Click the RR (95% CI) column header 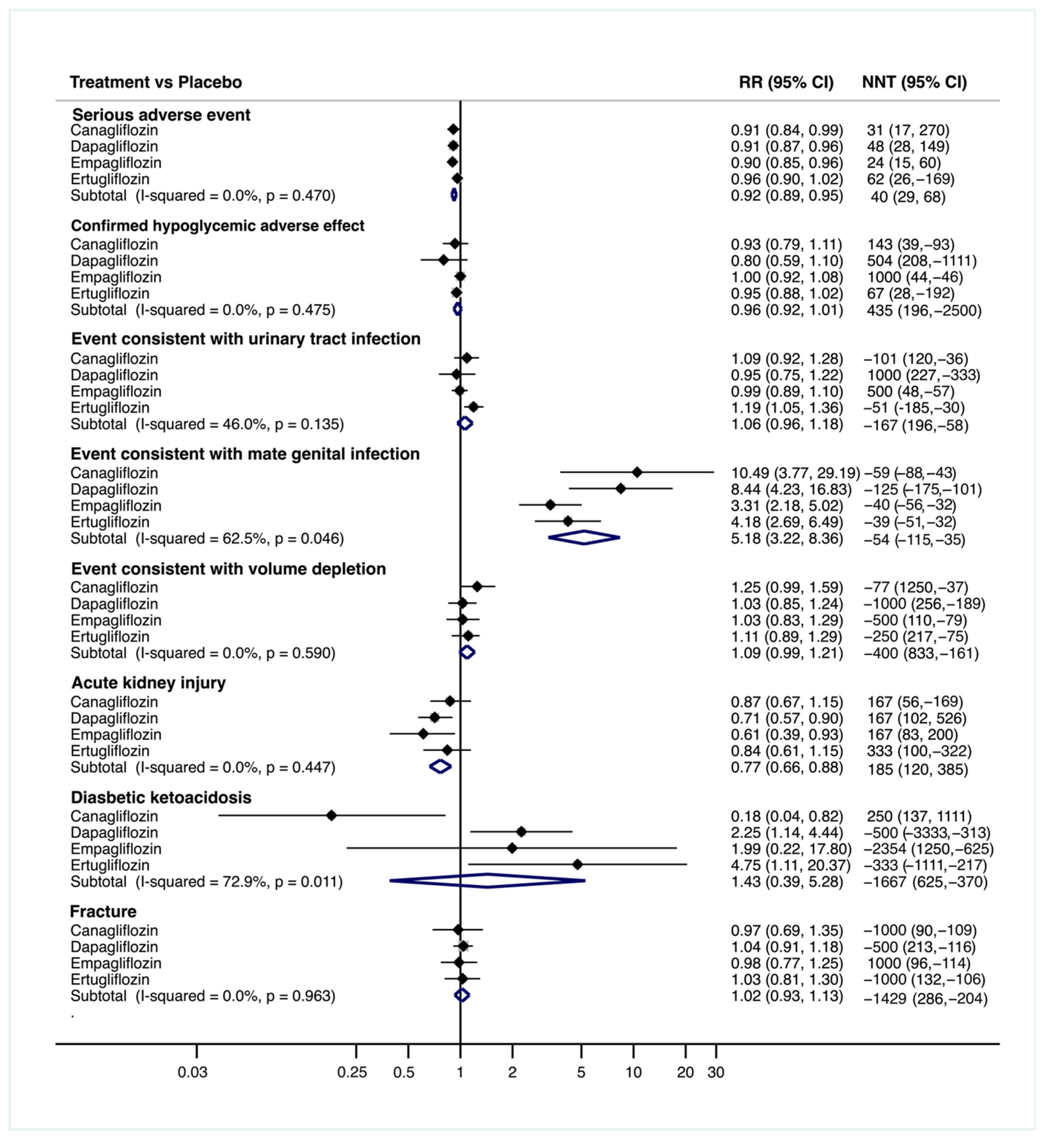pyautogui.click(x=786, y=82)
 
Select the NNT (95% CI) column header pyautogui.click(x=914, y=82)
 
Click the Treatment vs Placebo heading pyautogui.click(x=156, y=82)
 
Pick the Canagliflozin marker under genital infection pyautogui.click(x=637, y=472)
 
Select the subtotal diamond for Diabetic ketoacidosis pyautogui.click(x=488, y=881)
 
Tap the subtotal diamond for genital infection pyautogui.click(x=584, y=537)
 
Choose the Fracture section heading pyautogui.click(x=103, y=911)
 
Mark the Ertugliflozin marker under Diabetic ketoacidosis pyautogui.click(x=577, y=864)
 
